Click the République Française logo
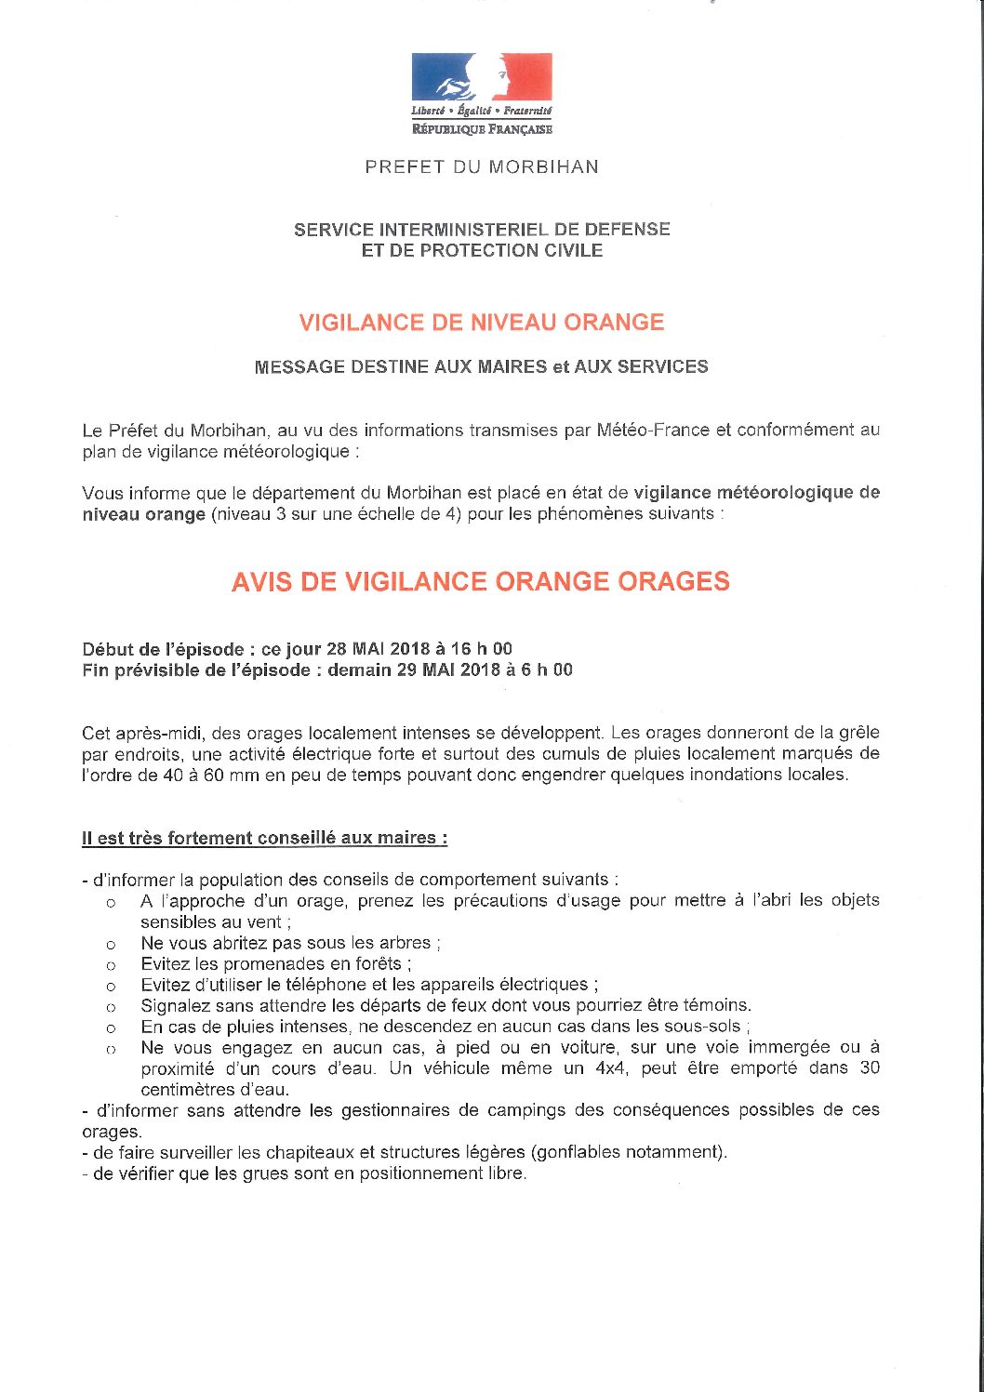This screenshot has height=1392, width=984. pyautogui.click(x=482, y=94)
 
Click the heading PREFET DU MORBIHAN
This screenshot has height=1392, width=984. pyautogui.click(x=482, y=167)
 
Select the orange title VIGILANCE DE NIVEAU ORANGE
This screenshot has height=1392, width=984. pyautogui.click(x=482, y=323)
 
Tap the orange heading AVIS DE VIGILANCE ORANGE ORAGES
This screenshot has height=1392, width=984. pyautogui.click(x=481, y=582)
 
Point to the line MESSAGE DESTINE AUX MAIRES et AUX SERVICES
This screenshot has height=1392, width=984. pyautogui.click(x=481, y=367)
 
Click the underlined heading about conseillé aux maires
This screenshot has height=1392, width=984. pyautogui.click(x=265, y=838)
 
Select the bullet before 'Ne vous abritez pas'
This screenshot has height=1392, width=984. pyautogui.click(x=111, y=945)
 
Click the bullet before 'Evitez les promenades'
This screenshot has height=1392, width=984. pyautogui.click(x=111, y=965)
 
